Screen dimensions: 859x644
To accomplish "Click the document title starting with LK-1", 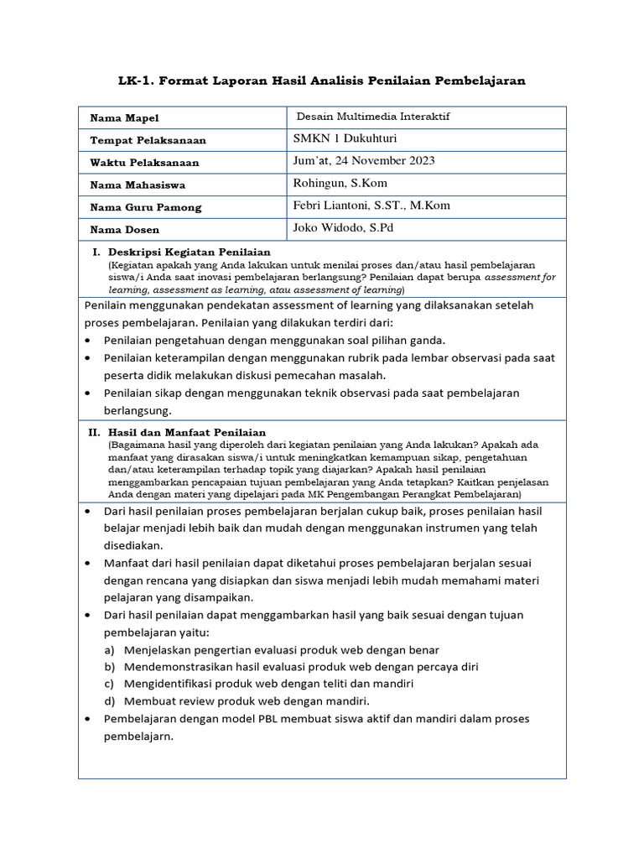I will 322,81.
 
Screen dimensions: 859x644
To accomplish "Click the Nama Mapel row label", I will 124,118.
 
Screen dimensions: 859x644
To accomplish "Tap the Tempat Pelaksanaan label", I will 148,140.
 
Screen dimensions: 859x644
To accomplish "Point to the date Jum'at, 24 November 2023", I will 364,161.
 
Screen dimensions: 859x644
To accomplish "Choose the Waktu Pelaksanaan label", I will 144,163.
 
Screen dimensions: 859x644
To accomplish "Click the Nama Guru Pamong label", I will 146,207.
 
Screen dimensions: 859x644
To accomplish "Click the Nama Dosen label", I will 124,229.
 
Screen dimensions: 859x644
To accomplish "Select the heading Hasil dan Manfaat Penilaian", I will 188,432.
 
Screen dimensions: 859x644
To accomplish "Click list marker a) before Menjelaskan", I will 109,650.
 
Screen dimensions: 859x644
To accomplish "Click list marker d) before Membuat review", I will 109,701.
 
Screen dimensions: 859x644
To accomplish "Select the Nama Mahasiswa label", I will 138,185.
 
